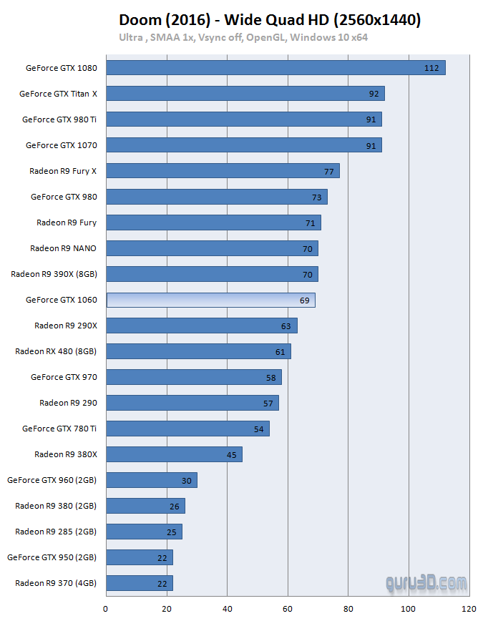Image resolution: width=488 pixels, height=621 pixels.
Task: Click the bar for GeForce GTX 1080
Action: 275,68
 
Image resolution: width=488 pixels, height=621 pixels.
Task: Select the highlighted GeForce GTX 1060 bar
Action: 210,300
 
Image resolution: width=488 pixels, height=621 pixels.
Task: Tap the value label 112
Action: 431,68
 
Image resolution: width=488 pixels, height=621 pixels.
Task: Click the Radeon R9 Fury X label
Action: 63,171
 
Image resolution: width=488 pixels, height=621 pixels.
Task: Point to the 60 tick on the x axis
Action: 288,610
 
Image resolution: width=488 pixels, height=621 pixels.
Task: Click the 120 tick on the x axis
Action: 469,610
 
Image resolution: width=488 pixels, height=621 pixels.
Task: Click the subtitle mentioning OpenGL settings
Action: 243,37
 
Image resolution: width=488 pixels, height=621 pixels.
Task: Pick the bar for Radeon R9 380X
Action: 174,454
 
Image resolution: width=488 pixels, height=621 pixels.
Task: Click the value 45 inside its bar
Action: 232,454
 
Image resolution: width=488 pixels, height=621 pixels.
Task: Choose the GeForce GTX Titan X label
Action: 58,94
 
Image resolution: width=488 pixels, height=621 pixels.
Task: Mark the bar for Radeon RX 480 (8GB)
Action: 198,351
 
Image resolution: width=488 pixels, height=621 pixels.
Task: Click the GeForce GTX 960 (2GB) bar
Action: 151,480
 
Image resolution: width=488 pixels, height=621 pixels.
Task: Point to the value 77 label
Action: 329,171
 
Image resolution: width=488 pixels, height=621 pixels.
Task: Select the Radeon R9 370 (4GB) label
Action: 56,583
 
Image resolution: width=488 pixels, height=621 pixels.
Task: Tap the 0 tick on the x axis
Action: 106,610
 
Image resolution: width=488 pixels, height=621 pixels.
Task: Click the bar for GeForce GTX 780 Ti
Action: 187,429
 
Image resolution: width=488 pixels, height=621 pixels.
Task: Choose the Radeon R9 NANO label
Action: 63,248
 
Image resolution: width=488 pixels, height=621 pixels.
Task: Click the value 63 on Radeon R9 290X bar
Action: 286,326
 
